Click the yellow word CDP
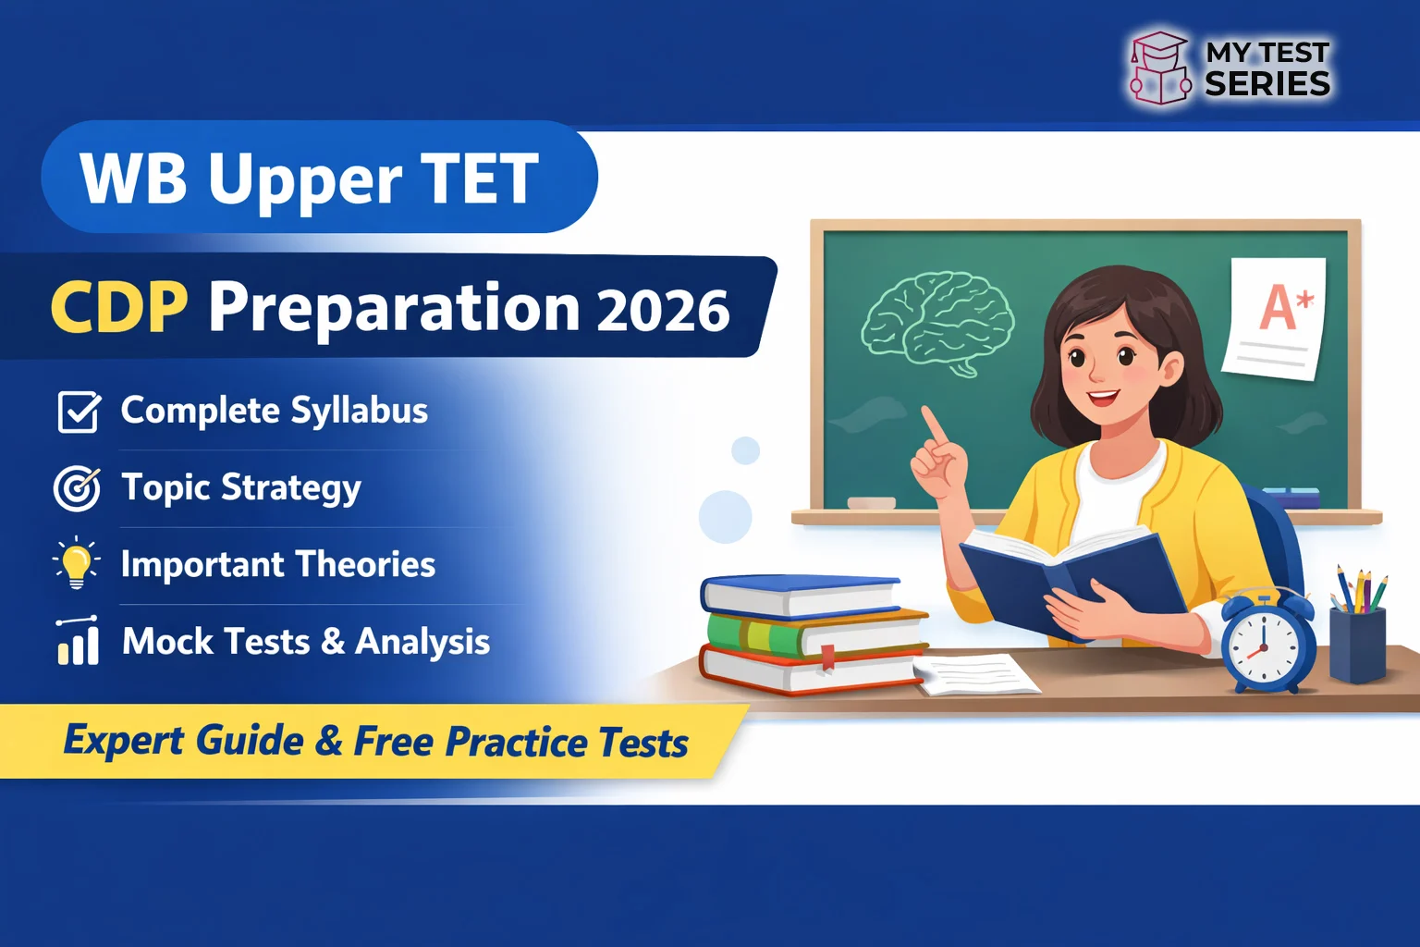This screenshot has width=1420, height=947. (119, 307)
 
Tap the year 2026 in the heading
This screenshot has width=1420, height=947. (663, 311)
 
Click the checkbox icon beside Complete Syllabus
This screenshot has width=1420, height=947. (79, 412)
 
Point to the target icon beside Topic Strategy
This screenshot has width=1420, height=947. (77, 488)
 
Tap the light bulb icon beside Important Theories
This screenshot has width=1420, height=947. (77, 563)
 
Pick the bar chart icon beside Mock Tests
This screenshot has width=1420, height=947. (78, 641)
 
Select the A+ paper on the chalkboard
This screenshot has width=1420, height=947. (1277, 317)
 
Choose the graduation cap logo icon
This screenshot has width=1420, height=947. (1159, 68)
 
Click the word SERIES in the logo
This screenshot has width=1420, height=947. (1267, 84)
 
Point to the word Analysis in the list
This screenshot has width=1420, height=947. (422, 642)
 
